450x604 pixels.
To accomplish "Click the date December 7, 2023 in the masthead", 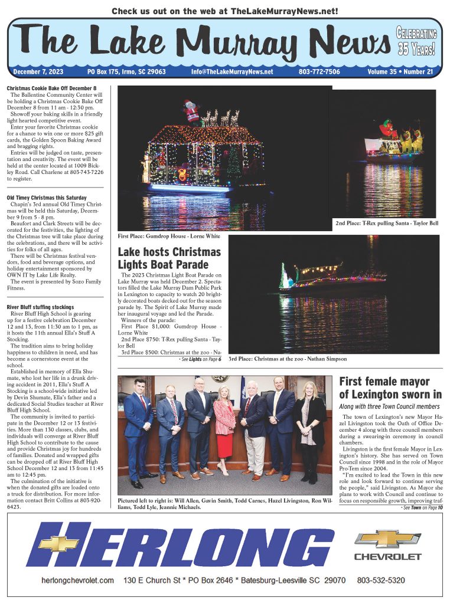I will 38,72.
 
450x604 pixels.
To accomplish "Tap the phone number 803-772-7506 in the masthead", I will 319,72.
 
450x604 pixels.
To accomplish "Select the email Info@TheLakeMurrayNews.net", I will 232,72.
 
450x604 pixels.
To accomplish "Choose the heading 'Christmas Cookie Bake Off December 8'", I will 51,88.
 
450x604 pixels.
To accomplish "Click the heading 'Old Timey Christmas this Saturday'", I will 47,198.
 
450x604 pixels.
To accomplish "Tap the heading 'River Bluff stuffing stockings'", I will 40,307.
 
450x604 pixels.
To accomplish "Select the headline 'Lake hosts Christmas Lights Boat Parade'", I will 169,258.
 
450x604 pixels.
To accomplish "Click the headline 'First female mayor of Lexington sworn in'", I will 390,388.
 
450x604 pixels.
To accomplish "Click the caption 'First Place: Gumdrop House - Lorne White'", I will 169,236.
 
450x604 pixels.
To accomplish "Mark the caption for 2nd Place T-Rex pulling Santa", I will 387,224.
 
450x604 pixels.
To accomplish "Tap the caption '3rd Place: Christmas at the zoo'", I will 288,359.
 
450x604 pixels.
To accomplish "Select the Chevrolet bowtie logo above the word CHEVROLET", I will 387,539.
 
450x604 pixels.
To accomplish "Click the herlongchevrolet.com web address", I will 77,580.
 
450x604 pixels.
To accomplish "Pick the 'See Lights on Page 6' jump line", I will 200,359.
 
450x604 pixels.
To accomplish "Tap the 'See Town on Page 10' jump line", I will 421,507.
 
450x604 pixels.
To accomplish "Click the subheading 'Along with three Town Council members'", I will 389,407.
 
